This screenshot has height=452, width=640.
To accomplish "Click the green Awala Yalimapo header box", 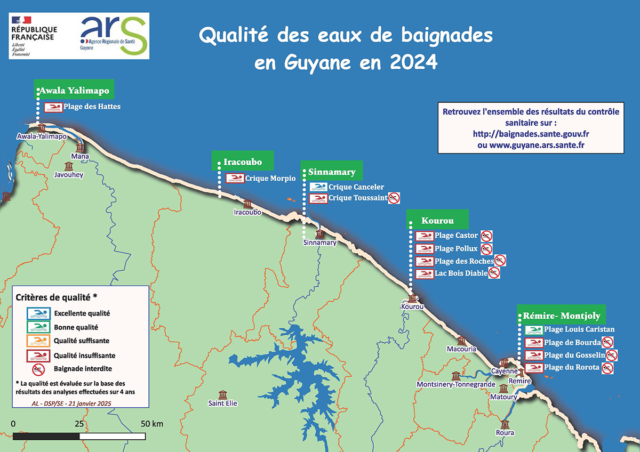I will pyautogui.click(x=75, y=90).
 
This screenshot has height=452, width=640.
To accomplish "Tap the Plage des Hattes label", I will pyautogui.click(x=92, y=107).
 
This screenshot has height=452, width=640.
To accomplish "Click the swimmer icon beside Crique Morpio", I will pyautogui.click(x=235, y=179).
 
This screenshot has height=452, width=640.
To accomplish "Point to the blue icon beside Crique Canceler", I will pyautogui.click(x=318, y=187).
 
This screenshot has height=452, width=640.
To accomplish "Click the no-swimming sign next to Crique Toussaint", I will pyautogui.click(x=394, y=198).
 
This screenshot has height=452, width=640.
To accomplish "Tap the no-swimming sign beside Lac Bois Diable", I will pyautogui.click(x=495, y=273).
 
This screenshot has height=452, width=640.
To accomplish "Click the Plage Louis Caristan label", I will pyautogui.click(x=579, y=329).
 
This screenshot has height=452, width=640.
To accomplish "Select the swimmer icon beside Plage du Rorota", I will pyautogui.click(x=534, y=368).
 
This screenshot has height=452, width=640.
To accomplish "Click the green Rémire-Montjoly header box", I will pyautogui.click(x=562, y=316).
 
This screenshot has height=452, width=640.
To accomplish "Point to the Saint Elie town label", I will pyautogui.click(x=222, y=403).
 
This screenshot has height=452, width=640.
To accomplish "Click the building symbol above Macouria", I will pyautogui.click(x=461, y=341).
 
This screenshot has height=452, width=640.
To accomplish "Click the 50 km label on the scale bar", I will pyautogui.click(x=152, y=424).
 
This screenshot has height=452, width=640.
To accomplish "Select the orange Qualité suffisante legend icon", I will pyautogui.click(x=36, y=341).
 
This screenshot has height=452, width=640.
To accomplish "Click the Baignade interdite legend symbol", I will pyautogui.click(x=37, y=369).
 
